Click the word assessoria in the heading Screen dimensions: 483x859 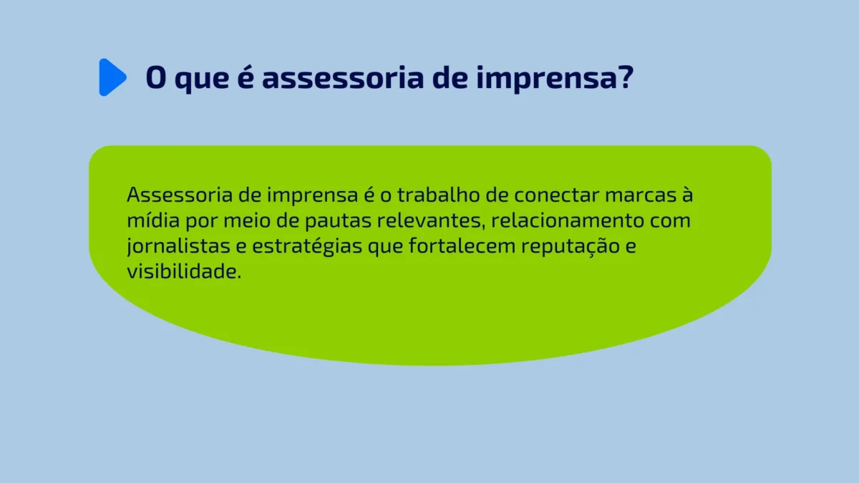tap(341, 77)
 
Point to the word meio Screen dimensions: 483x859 tap(235, 220)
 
